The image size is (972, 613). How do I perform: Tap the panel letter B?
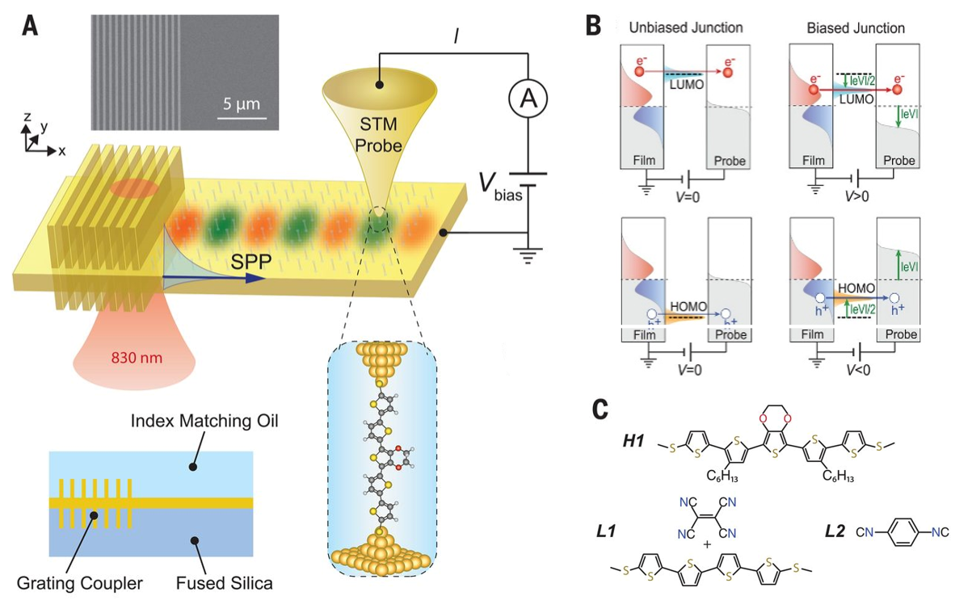coord(593,25)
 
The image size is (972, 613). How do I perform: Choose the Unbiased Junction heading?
coord(686,28)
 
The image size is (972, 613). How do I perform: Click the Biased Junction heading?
coord(856,28)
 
